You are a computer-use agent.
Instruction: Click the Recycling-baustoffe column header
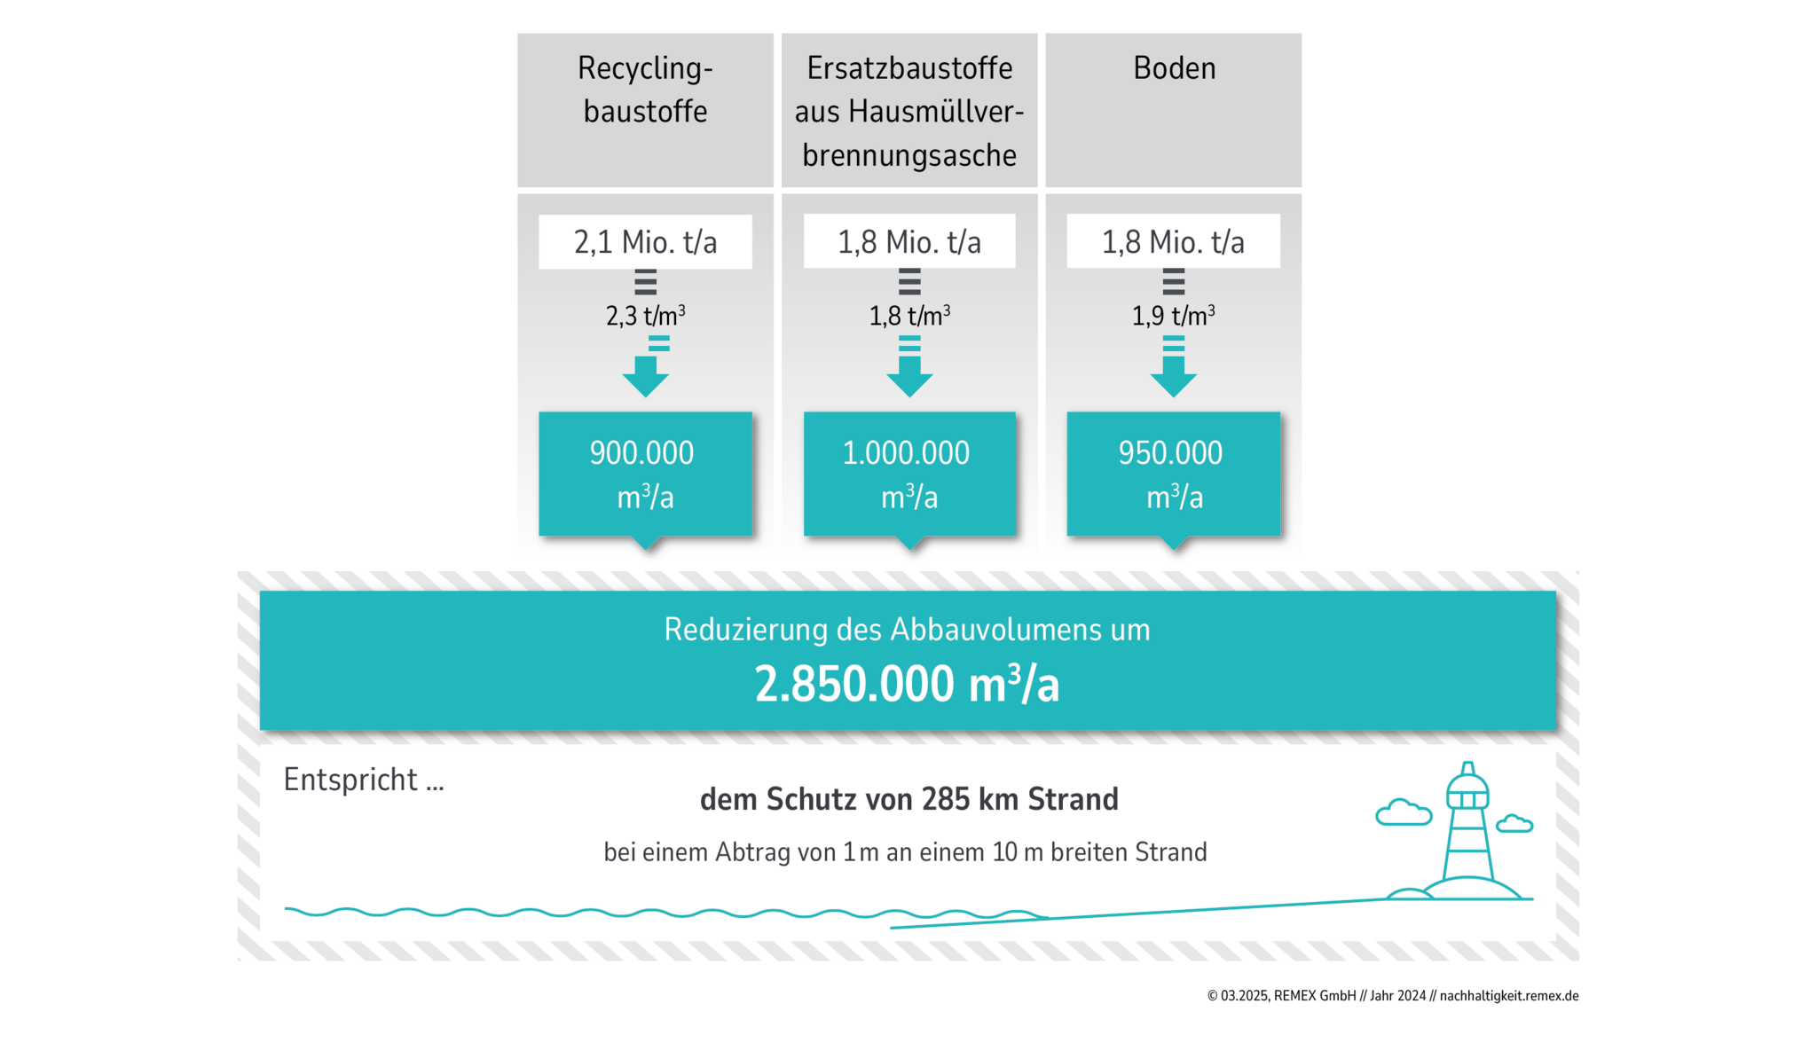pos(645,90)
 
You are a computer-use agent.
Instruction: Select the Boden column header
pos(1174,69)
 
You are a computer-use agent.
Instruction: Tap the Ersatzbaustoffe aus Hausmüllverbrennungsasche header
pos(908,112)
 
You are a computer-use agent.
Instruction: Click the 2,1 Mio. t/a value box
pos(645,241)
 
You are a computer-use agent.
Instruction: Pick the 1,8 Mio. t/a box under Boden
pos(1173,241)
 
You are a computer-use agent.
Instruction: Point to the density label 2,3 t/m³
pos(645,316)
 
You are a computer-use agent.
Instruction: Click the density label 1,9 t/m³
pos(1173,316)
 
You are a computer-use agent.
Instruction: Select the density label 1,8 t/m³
pos(909,316)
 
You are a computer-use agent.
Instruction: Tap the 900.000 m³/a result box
pos(645,474)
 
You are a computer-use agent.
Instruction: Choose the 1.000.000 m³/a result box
pos(908,474)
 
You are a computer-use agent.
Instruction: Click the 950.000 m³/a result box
pos(1173,474)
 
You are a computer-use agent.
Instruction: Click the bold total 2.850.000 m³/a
pos(907,685)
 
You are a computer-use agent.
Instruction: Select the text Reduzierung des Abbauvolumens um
pos(907,630)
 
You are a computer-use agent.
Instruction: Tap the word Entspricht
pos(350,780)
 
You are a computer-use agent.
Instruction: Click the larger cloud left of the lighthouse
pos(1403,812)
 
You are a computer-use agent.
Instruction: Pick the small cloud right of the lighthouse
pos(1514,823)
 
